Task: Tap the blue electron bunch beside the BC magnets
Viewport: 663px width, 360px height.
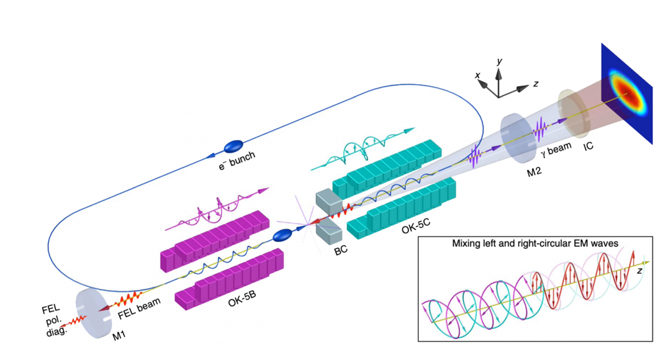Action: [283, 235]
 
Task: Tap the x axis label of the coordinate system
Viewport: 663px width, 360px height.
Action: [477, 75]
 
